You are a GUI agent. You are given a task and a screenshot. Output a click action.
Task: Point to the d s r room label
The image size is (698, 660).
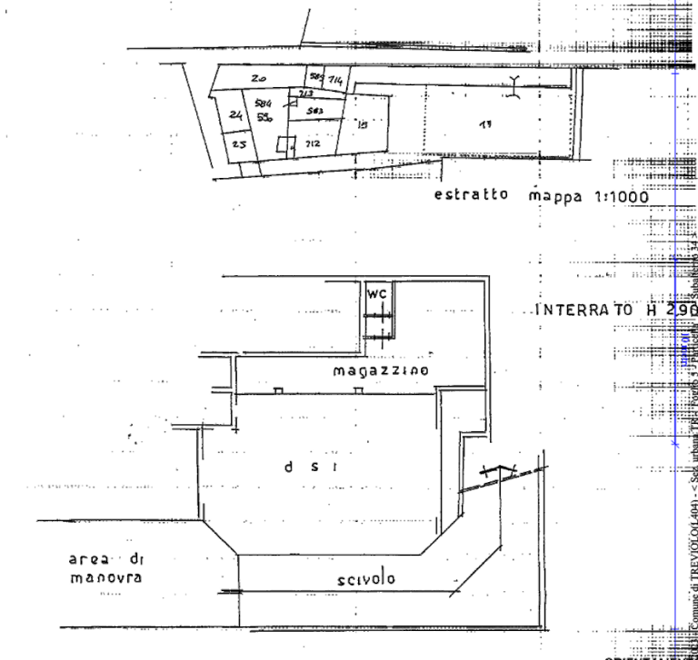(312, 467)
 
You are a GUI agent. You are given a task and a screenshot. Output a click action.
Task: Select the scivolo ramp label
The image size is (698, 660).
(365, 578)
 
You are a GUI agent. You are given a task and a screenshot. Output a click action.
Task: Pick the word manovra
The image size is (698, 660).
(106, 576)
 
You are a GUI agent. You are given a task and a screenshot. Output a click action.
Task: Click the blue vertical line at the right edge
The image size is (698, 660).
(674, 363)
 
